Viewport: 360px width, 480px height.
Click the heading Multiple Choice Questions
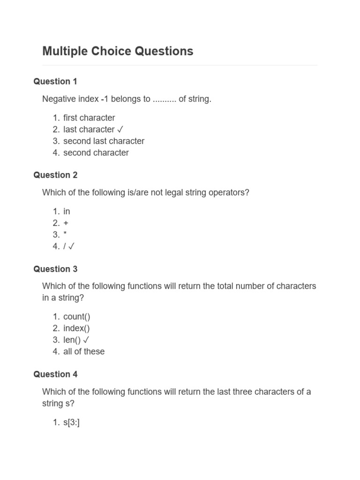[x=118, y=51]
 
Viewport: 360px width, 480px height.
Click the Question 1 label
[x=55, y=82]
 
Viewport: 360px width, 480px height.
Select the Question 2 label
[x=55, y=175]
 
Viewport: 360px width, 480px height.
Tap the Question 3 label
[x=55, y=269]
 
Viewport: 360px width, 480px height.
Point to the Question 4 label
[x=55, y=374]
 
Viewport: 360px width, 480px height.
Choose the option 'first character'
[x=89, y=118]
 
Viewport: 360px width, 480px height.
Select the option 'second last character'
[x=104, y=141]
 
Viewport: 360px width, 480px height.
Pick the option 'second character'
[x=96, y=153]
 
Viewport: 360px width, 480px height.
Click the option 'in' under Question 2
[x=67, y=211]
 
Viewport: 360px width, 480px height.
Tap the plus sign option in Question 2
[x=66, y=223]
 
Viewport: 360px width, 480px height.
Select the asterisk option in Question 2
[x=65, y=235]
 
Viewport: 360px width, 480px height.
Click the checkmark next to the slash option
[x=72, y=247]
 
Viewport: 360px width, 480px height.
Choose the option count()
[x=77, y=316]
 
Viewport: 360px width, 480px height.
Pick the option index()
[x=76, y=328]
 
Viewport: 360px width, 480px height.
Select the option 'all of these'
[x=84, y=352]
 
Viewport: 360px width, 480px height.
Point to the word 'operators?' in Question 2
[x=229, y=193]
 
